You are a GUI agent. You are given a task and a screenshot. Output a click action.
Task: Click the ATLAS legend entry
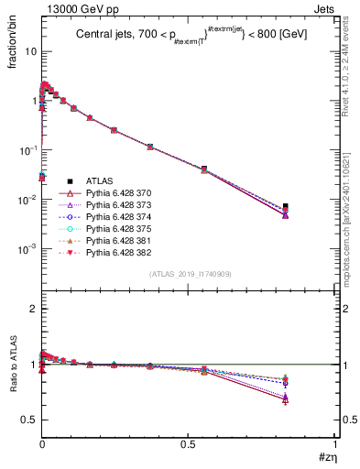click(98, 180)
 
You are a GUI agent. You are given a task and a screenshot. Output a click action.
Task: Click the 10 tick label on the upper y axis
click(29, 51)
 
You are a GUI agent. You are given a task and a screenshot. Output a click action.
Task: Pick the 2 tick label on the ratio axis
click(31, 309)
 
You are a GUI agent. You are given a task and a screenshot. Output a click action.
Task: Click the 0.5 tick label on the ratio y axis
click(27, 420)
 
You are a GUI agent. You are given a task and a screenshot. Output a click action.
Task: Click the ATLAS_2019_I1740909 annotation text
click(189, 275)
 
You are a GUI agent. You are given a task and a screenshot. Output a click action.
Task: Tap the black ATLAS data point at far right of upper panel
click(311, 207)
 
